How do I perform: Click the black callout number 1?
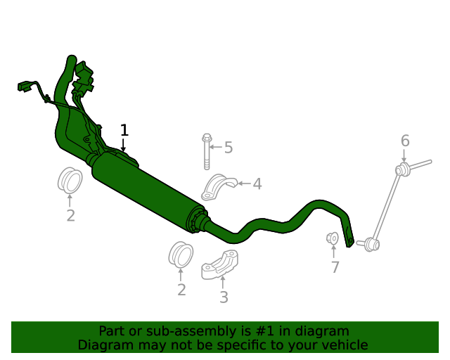[124, 130]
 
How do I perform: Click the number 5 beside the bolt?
[229, 148]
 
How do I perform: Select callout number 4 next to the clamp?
[257, 184]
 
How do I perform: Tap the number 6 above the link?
[405, 141]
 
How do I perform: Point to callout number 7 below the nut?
[335, 267]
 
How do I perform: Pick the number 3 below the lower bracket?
[224, 297]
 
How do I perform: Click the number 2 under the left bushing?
[70, 216]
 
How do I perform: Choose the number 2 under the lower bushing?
[181, 290]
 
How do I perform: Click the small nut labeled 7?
[334, 239]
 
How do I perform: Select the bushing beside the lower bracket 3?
[181, 254]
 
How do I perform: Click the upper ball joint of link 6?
[403, 169]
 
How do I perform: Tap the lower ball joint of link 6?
[372, 245]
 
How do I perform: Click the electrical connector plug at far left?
[25, 86]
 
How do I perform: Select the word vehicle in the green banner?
[345, 345]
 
